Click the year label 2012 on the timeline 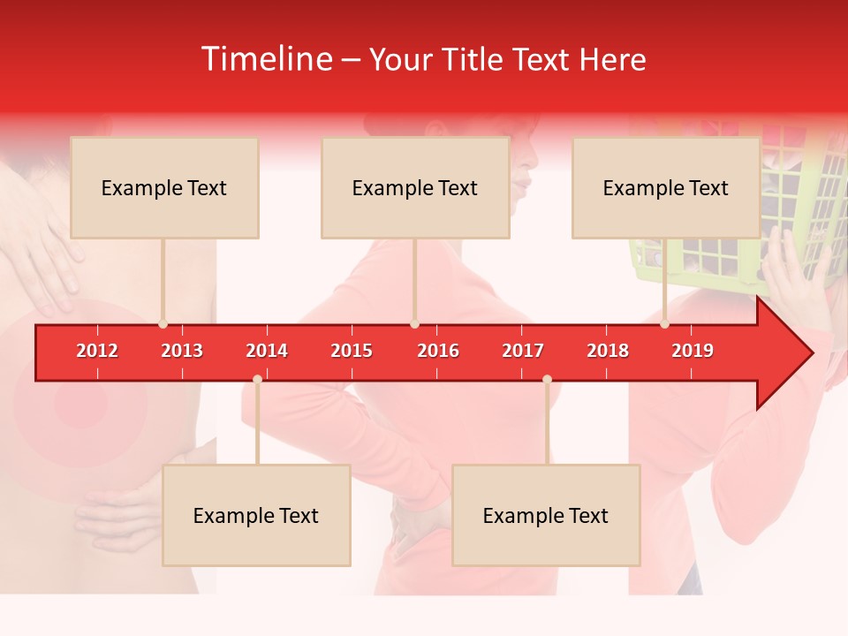tap(97, 351)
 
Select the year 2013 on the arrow tap(182, 351)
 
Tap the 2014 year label tap(267, 351)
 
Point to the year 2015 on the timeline tap(352, 351)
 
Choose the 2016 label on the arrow tap(438, 351)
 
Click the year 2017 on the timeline tap(523, 351)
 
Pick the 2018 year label tap(608, 351)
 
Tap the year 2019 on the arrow tap(693, 351)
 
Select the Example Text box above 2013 tap(164, 187)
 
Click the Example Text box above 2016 tap(415, 187)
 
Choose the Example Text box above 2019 tap(666, 187)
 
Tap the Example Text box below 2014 tap(256, 515)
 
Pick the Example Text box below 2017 tap(546, 515)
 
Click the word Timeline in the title tap(266, 59)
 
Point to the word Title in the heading tap(474, 59)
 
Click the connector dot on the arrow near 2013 tap(163, 323)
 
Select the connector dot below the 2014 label tap(257, 379)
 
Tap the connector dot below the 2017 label tap(547, 379)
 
